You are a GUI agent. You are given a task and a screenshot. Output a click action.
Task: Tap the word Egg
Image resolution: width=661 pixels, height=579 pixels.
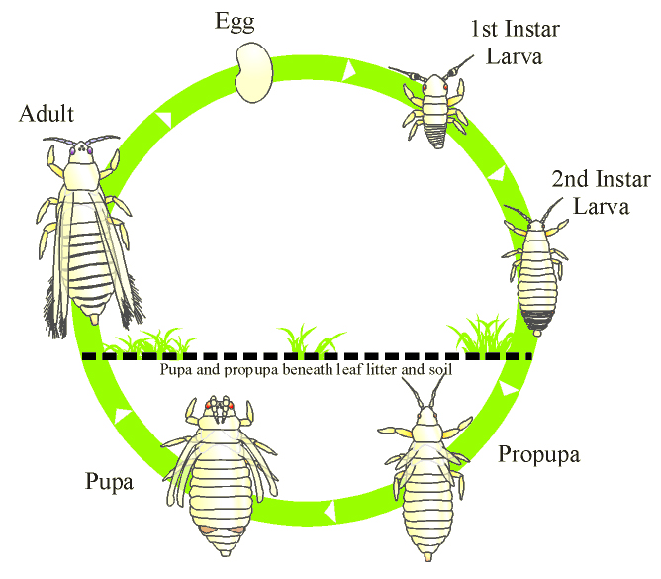point(241,23)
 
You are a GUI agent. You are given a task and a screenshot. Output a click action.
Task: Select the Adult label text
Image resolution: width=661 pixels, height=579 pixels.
point(46,115)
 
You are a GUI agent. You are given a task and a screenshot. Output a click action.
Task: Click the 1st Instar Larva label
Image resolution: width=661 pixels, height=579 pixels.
point(507,42)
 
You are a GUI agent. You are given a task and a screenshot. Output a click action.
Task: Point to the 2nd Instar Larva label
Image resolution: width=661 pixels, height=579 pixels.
point(602,192)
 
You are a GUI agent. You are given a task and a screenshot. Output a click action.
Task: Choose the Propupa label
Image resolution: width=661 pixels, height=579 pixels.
point(539,455)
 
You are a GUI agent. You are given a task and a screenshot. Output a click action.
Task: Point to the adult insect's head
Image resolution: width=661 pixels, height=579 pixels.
point(78,154)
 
